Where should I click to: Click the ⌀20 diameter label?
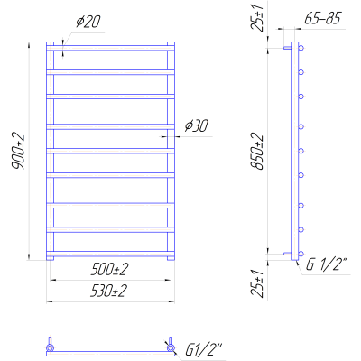pyautogui.click(x=88, y=22)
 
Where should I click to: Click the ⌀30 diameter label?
pyautogui.click(x=196, y=125)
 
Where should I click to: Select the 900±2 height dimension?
pyautogui.click(x=18, y=151)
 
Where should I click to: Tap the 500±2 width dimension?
pyautogui.click(x=109, y=269)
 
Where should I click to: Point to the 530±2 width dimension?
pyautogui.click(x=109, y=291)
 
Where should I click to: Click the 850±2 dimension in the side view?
pyautogui.click(x=258, y=152)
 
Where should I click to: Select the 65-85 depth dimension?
pyautogui.click(x=322, y=19)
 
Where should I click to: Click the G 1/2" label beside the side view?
pyautogui.click(x=327, y=265)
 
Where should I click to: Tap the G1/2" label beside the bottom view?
pyautogui.click(x=203, y=350)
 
